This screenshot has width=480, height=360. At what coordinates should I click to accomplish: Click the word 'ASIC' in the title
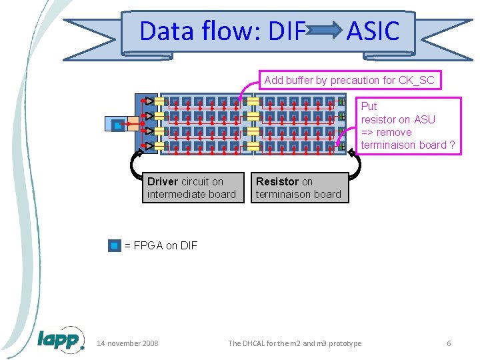373,31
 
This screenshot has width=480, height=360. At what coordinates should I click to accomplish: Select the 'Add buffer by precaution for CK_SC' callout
349,81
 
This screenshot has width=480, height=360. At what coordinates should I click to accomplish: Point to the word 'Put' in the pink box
369,107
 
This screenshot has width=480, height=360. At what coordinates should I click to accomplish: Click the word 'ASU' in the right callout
424,119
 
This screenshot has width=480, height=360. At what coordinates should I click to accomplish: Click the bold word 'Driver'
163,181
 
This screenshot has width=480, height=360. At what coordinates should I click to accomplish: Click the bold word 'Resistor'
277,181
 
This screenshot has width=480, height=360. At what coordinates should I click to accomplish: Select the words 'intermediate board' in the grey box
191,195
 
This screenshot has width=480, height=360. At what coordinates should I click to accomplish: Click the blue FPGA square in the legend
115,245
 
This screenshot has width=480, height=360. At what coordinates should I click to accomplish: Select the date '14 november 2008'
127,343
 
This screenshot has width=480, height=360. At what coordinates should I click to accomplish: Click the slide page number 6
449,343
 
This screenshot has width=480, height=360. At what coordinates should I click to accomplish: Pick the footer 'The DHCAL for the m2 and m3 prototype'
295,343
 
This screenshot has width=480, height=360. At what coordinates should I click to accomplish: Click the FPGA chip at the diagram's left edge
116,124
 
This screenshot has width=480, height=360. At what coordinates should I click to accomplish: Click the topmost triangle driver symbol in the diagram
150,101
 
